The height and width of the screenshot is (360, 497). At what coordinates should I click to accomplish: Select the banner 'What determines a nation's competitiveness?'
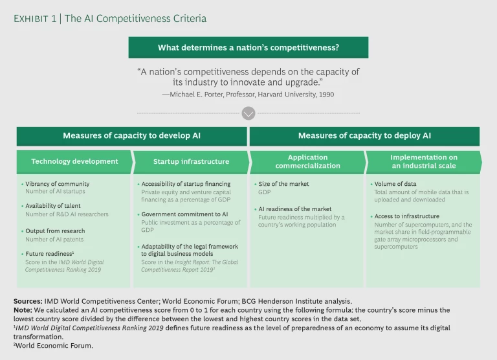coord(248,47)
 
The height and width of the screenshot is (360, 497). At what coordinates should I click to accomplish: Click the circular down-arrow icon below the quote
coord(248,114)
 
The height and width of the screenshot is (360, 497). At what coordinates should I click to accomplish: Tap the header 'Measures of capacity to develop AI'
coord(131,136)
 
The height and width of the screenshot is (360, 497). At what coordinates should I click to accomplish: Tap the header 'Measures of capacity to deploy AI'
coord(364,136)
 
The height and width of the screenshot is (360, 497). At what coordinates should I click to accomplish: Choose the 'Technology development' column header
coord(74,161)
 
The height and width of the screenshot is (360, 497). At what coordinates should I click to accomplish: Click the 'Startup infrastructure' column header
coord(191,161)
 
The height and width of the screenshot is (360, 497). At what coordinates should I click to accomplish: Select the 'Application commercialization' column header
coord(307,161)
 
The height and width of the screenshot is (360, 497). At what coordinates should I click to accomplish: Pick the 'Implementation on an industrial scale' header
coord(424,161)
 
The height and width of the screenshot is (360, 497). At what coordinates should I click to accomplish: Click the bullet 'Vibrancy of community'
coord(57,184)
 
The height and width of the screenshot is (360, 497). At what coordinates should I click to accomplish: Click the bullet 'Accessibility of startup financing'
coord(186,184)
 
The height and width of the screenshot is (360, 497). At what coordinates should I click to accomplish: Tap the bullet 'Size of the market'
coord(285,184)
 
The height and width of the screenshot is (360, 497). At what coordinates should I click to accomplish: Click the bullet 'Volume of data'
coord(397,184)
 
